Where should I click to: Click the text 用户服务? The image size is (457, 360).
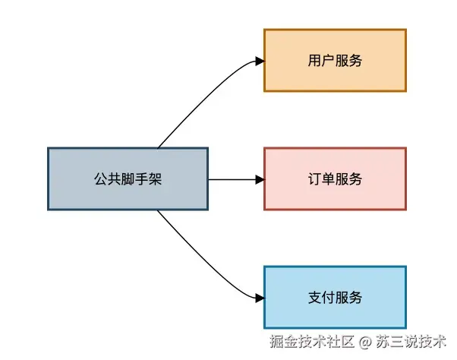[335, 61]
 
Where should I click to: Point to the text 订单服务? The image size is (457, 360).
[335, 179]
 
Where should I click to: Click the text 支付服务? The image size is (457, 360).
[335, 297]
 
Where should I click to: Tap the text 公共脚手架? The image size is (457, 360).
[128, 180]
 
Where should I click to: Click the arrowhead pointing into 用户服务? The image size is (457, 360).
[259, 61]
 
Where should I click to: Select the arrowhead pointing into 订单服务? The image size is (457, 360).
[259, 179]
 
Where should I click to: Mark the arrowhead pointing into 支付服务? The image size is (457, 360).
[259, 297]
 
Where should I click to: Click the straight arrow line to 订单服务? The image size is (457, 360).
[232, 179]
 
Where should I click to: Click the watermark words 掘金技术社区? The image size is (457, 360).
[310, 342]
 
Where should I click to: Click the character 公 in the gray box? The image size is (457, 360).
[100, 180]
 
